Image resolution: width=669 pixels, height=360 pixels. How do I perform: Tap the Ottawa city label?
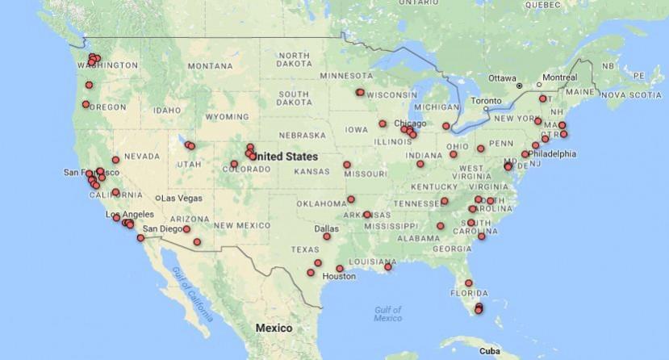501,78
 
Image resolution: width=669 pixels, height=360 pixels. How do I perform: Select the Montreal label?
559,77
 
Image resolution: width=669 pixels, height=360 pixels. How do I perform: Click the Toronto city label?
486,100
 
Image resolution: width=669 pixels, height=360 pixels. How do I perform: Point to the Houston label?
338,276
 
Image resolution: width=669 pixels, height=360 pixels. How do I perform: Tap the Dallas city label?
326,227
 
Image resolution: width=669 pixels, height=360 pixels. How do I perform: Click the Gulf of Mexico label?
388,314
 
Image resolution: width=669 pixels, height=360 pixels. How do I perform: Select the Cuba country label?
489,352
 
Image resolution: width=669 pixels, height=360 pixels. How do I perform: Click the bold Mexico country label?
273,329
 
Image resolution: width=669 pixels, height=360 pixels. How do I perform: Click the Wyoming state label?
226,117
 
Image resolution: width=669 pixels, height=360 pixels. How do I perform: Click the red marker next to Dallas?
327,237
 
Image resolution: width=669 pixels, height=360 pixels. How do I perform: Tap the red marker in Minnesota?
360,92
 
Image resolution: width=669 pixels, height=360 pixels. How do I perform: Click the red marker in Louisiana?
388,266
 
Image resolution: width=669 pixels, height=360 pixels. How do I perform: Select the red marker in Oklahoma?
351,199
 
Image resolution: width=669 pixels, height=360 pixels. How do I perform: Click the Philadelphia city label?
552,153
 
